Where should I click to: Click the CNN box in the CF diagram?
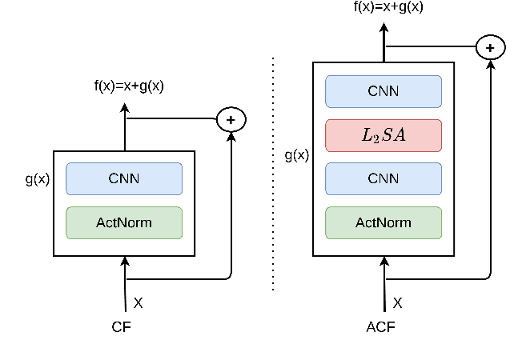click(124, 178)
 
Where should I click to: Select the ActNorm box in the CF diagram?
click(124, 222)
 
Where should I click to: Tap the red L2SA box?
click(383, 135)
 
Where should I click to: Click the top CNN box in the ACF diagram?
click(383, 91)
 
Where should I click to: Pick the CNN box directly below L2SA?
click(383, 178)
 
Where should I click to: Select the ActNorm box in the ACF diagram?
click(383, 222)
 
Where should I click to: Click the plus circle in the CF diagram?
click(231, 119)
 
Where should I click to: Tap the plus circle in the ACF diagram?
click(490, 48)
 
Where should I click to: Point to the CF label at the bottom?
click(121, 326)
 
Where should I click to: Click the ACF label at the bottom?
click(380, 326)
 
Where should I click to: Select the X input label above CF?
click(138, 303)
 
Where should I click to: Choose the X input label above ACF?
click(397, 303)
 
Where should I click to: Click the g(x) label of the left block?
click(37, 178)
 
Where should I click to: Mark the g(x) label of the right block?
click(296, 155)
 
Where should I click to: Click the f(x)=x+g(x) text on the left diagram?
click(129, 86)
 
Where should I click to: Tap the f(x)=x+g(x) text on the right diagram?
click(388, 7)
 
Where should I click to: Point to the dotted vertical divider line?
click(273, 172)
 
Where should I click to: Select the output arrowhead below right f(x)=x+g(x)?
click(384, 26)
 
